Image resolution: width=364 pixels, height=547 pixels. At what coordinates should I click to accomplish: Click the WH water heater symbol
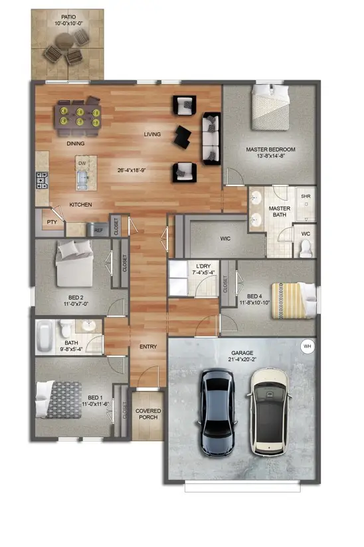pos(307,346)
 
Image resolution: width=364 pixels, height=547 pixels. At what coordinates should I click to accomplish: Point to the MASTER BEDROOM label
pos(270,150)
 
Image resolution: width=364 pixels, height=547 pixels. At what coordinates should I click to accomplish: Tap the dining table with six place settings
pos(80,113)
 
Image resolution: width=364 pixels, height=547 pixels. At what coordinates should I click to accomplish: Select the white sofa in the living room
pos(211,138)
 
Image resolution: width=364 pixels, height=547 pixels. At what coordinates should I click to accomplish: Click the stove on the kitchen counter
pos(42,180)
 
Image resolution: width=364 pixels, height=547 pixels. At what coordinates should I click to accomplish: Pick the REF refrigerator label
pos(98,230)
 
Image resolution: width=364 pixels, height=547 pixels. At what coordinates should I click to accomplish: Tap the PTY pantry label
pos(51,222)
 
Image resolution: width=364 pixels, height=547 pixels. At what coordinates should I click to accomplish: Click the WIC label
pos(225,239)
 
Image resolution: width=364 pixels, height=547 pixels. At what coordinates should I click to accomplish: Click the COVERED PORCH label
pos(148,415)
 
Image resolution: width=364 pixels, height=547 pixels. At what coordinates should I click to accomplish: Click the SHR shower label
pos(306,197)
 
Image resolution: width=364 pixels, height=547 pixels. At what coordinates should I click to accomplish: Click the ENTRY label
pos(147,347)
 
